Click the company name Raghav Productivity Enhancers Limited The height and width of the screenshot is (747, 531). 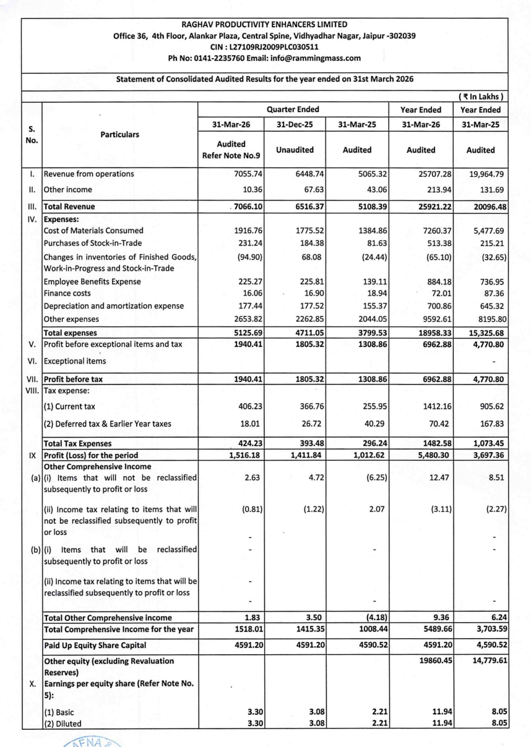(265, 24)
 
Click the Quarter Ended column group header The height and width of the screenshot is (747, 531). (292, 109)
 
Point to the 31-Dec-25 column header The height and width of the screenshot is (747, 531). (292, 125)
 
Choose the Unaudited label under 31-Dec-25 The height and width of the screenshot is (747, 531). (292, 150)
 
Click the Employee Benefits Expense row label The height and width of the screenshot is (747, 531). (92, 281)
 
